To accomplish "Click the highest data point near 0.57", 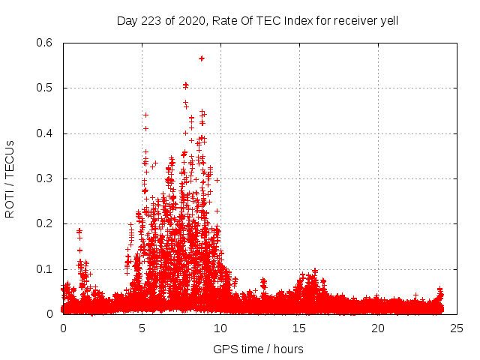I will (x=202, y=58).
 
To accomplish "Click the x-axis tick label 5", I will (x=142, y=328).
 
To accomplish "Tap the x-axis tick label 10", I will (x=220, y=328).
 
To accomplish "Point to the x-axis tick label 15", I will (x=299, y=328).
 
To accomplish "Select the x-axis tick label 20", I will (x=378, y=328).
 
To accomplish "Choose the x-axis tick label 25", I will (x=457, y=328).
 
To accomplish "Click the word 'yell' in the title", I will (x=388, y=20).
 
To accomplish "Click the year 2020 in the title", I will (x=188, y=20).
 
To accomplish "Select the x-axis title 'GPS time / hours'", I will (x=258, y=349).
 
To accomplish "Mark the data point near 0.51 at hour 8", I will (x=185, y=85).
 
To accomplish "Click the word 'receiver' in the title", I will (x=352, y=20).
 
